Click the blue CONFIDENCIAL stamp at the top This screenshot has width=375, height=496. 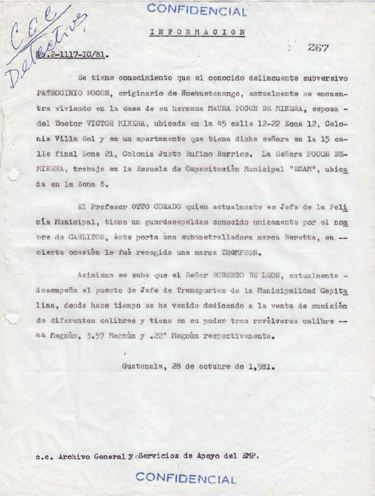pos(197,10)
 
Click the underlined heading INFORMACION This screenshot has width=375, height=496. pos(197,32)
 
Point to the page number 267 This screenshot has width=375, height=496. pos(318,48)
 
